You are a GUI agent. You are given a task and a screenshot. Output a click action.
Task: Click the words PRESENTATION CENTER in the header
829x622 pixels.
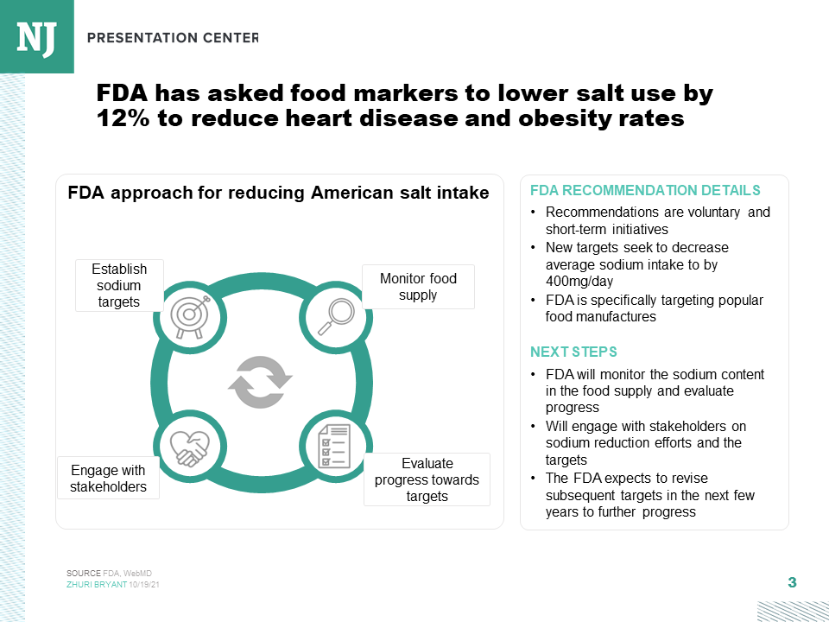[173, 37]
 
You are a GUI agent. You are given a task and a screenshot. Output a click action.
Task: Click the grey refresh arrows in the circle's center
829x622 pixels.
[261, 381]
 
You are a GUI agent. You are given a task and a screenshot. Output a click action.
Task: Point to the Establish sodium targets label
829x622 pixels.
[119, 286]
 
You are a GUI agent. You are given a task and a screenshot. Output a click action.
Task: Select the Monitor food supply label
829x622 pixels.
[418, 287]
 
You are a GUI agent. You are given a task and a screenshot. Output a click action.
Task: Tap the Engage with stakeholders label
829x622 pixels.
[108, 479]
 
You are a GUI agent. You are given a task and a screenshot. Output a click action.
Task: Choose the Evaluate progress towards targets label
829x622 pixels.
[427, 479]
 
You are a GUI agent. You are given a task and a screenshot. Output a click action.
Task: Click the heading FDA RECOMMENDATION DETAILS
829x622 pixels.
[645, 191]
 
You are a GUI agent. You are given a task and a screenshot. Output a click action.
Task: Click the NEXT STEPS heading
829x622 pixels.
[573, 352]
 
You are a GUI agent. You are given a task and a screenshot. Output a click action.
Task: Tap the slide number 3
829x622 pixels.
[792, 582]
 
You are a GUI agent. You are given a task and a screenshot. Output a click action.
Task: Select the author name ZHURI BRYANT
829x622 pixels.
[97, 585]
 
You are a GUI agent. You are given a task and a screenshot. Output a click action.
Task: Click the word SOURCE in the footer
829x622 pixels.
[84, 574]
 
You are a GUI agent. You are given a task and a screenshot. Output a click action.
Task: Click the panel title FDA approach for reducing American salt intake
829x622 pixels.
[278, 193]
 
